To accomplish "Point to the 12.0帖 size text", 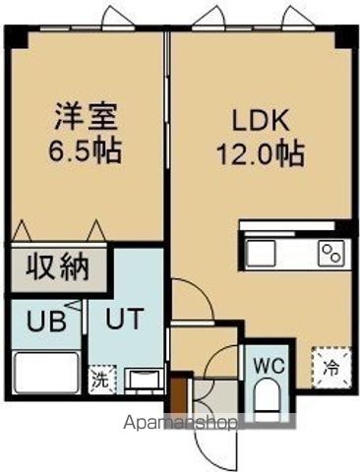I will point(260,154).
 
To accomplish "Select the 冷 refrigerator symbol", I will point(331,372).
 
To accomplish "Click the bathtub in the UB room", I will point(47,374).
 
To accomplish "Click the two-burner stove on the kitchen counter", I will point(329,254).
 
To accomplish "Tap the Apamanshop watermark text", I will point(180,425).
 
